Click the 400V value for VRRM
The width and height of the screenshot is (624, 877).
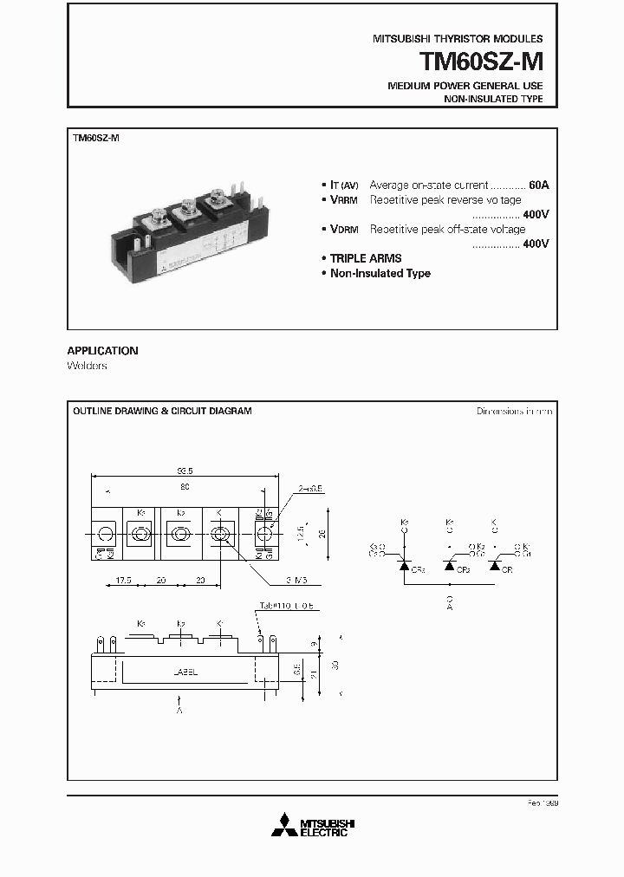click(x=536, y=214)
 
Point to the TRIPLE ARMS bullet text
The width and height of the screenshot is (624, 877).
click(x=366, y=258)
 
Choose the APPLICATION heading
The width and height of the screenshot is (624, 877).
click(x=102, y=351)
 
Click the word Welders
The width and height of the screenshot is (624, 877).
click(x=87, y=366)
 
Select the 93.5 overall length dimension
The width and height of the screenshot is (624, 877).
click(x=184, y=471)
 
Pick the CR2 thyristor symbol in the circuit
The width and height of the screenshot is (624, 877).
click(x=450, y=565)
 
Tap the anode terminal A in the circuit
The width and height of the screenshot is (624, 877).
click(x=448, y=602)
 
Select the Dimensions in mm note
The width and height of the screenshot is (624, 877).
click(x=514, y=411)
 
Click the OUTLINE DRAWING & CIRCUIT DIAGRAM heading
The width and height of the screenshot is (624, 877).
click(x=162, y=411)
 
